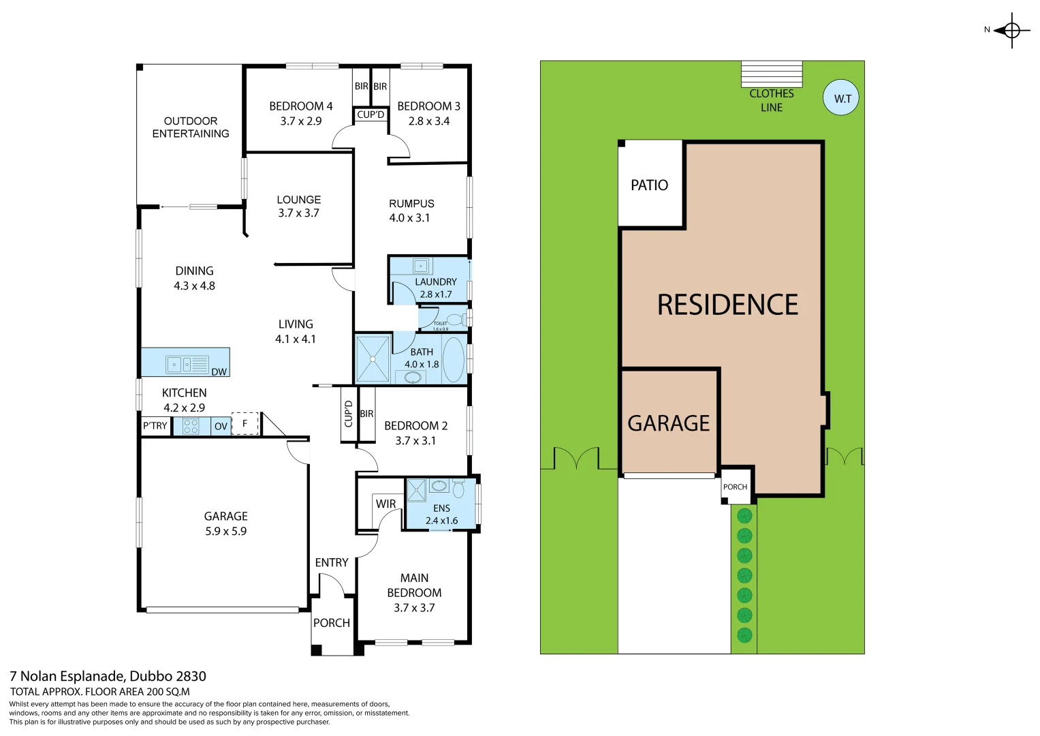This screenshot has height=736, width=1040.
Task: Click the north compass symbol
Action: coord(1011,31)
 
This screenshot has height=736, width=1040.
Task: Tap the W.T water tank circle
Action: coord(841,98)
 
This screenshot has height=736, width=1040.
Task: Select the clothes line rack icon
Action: coord(771,74)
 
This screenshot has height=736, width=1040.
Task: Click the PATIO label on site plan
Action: coord(649,185)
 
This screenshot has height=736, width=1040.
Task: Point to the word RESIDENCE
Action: coord(727,305)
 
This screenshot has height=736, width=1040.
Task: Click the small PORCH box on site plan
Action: coord(735,487)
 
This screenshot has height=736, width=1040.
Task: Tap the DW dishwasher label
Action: coord(219,371)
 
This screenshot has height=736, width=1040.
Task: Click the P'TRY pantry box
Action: coord(155,426)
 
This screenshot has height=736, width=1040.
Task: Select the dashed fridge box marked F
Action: coord(245,423)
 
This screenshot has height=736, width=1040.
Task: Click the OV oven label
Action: coord(221,427)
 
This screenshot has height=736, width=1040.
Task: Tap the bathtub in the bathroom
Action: coord(453,358)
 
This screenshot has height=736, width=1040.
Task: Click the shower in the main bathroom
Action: coord(373,358)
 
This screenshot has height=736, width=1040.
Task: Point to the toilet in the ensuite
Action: coord(458,489)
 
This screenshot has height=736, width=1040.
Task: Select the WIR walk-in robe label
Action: coord(385,504)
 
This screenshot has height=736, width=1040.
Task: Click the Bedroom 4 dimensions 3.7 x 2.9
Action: coord(300,121)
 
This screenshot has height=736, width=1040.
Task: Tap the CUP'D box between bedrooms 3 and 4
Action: coord(371,114)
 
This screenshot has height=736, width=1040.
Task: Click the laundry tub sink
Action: coord(422,266)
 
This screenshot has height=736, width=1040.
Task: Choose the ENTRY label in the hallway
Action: coord(332,562)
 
